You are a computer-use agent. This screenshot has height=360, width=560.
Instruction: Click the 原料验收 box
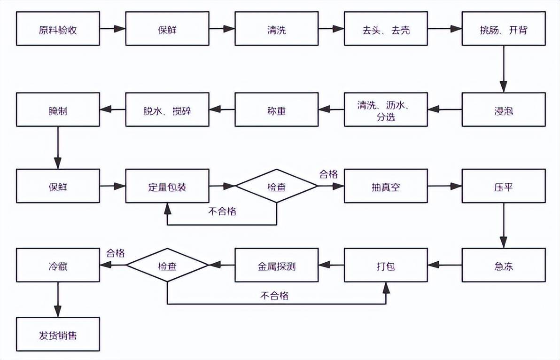pyautogui.click(x=58, y=29)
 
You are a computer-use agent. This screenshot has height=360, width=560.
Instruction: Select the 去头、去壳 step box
pyautogui.click(x=386, y=29)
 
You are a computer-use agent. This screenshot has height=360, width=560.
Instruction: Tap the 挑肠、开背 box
pyautogui.click(x=504, y=29)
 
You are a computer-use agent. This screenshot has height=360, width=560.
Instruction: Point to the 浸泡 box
pyautogui.click(x=504, y=110)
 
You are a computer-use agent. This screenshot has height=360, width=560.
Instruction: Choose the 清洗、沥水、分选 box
pyautogui.click(x=386, y=110)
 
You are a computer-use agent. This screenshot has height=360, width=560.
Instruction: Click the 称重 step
pyautogui.click(x=276, y=110)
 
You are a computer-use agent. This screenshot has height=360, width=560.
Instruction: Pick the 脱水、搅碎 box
pyautogui.click(x=167, y=110)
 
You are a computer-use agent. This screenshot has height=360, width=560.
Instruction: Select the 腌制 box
pyautogui.click(x=58, y=110)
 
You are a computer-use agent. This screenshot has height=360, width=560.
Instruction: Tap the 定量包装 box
pyautogui.click(x=167, y=186)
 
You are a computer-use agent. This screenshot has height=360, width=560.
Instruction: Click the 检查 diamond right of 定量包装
pyautogui.click(x=276, y=186)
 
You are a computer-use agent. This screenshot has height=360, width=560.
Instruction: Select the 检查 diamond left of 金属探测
pyautogui.click(x=167, y=265)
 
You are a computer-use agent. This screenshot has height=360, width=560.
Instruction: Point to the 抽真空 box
pyautogui.click(x=386, y=186)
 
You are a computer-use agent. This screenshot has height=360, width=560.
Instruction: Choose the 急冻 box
pyautogui.click(x=504, y=265)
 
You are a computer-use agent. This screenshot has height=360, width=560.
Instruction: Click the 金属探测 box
pyautogui.click(x=276, y=265)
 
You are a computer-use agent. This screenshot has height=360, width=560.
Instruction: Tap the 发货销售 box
pyautogui.click(x=58, y=334)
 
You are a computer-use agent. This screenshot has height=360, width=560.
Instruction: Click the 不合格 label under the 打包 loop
pyautogui.click(x=274, y=296)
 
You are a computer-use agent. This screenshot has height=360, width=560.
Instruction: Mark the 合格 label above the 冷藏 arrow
pyautogui.click(x=116, y=253)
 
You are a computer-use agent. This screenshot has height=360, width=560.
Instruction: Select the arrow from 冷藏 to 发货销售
pyautogui.click(x=58, y=299)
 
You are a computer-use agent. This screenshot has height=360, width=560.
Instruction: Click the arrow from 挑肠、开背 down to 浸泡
pyautogui.click(x=504, y=69)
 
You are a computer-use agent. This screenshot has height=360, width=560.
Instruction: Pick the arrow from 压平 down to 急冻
pyautogui.click(x=504, y=226)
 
